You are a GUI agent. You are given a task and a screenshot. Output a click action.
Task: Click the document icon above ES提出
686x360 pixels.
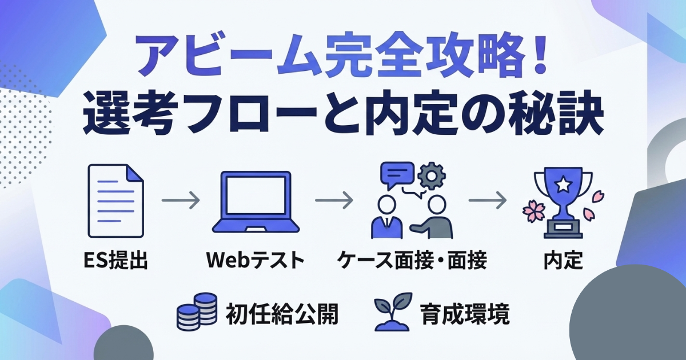tap(115, 201)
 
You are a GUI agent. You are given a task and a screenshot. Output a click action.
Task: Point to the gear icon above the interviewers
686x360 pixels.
tap(432, 177)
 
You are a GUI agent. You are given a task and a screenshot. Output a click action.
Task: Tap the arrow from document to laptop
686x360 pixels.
tap(181, 200)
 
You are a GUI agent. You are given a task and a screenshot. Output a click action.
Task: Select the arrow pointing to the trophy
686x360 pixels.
tap(488, 200)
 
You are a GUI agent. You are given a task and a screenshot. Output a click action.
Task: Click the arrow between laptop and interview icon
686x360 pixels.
tap(334, 200)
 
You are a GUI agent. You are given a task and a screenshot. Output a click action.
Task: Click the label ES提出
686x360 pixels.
tap(115, 261)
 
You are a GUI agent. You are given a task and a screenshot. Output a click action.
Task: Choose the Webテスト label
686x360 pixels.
tap(256, 261)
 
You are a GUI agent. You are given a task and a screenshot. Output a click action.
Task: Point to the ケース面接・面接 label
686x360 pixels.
tap(412, 261)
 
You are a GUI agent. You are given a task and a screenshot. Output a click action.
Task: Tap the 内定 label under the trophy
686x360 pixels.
tap(563, 261)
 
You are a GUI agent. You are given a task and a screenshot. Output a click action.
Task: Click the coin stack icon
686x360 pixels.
tap(197, 311)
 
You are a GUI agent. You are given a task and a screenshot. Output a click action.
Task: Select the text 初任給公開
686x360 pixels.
tap(282, 314)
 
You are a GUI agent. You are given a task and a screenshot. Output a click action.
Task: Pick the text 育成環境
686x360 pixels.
tap(465, 314)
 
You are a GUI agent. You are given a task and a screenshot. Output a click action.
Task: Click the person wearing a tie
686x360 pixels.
tap(386, 217)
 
